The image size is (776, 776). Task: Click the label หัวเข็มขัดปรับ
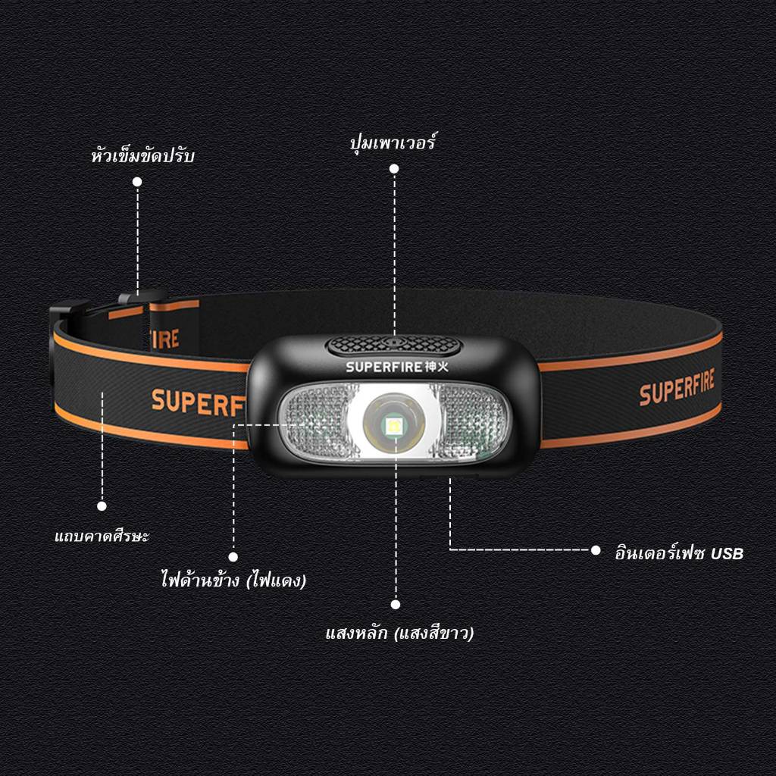click(x=143, y=155)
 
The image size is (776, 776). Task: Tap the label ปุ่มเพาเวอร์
click(x=393, y=142)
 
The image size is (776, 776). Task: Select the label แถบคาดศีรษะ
click(x=102, y=536)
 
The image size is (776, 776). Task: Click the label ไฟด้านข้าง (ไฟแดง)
click(x=233, y=580)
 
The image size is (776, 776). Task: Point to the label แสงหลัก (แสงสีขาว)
click(x=399, y=633)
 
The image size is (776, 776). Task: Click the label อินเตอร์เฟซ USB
click(x=679, y=552)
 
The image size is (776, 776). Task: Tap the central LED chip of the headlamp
click(x=394, y=424)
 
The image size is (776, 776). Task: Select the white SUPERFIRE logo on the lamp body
click(x=397, y=367)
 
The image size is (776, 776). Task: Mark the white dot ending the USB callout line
click(x=596, y=550)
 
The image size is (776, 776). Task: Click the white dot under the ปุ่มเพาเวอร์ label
click(x=394, y=169)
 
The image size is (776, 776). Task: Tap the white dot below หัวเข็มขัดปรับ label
click(x=137, y=182)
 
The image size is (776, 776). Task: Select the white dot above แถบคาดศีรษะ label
click(x=102, y=505)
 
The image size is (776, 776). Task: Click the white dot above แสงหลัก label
click(x=396, y=604)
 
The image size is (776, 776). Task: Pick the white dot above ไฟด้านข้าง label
click(x=233, y=557)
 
